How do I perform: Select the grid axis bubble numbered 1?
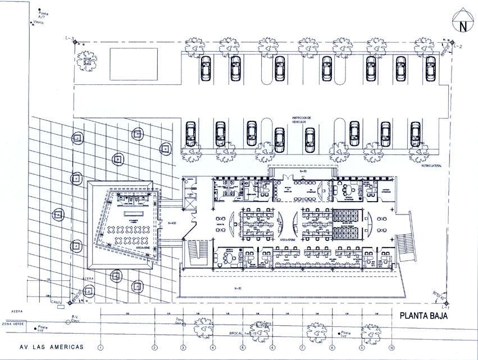(x=101, y=347)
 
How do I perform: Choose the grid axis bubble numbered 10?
(x=391, y=347)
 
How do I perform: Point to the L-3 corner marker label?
(x=70, y=39)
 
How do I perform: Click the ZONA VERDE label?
(x=13, y=324)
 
